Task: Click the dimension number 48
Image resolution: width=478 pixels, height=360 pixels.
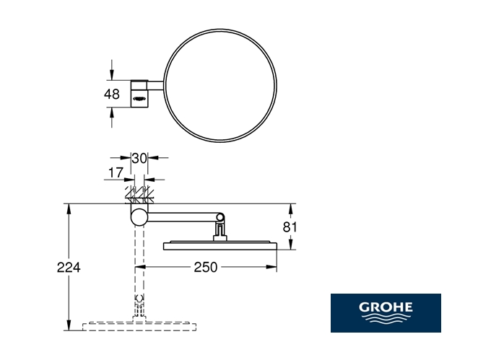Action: coord(112,94)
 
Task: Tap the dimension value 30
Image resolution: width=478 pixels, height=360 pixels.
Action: coord(139,159)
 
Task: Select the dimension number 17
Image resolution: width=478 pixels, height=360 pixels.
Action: coord(116,172)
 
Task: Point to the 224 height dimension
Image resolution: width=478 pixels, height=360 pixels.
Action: coord(69,267)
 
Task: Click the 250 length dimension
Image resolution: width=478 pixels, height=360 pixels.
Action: coord(206,267)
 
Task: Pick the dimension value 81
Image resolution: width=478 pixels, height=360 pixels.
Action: coord(290,227)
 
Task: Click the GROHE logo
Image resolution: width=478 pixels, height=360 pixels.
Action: coord(386,313)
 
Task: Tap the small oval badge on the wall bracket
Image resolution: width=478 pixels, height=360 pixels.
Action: coord(139,98)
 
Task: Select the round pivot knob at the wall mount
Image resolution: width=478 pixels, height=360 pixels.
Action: coord(139,217)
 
